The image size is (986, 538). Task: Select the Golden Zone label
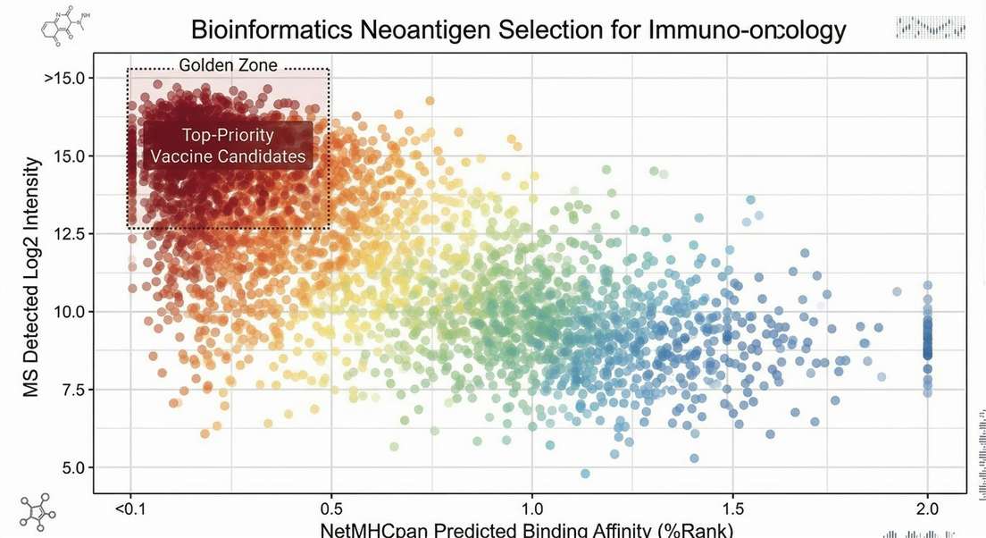click(x=229, y=65)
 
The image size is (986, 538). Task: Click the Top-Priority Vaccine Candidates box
click(x=228, y=146)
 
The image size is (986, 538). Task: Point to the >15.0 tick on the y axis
click(x=64, y=78)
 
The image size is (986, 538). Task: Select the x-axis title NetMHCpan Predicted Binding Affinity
click(x=527, y=530)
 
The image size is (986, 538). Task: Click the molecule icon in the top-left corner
click(x=56, y=25)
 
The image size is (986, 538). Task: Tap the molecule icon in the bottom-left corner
click(x=36, y=512)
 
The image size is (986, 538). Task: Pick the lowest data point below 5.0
click(x=585, y=474)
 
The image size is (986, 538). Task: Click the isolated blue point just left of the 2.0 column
click(x=897, y=291)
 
